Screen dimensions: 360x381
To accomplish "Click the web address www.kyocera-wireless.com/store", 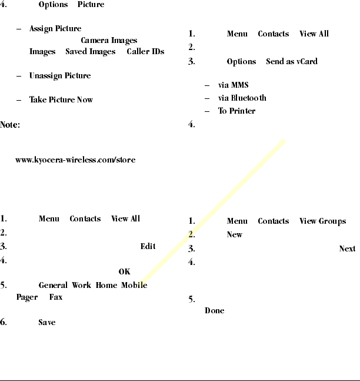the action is [75, 160].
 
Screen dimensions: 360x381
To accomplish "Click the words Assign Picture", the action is [55, 29].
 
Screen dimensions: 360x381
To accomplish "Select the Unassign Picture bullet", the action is [60, 77].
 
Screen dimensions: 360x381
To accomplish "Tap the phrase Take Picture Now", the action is [61, 100].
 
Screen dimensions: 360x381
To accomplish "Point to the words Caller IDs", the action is [145, 52].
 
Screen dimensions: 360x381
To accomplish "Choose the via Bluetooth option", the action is [242, 98].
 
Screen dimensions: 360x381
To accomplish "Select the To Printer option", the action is [236, 111].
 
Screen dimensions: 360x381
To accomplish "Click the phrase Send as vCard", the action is [291, 62].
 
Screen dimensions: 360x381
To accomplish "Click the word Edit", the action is [148, 247].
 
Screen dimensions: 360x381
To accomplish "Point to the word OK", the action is [124, 272].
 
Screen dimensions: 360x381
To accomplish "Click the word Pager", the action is [27, 298].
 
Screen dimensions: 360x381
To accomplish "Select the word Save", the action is [47, 323].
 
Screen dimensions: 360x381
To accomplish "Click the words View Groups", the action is [324, 221].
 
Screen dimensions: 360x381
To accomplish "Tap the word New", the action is [234, 235].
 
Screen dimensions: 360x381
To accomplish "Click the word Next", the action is [347, 249].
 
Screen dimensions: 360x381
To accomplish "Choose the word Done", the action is [214, 311].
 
